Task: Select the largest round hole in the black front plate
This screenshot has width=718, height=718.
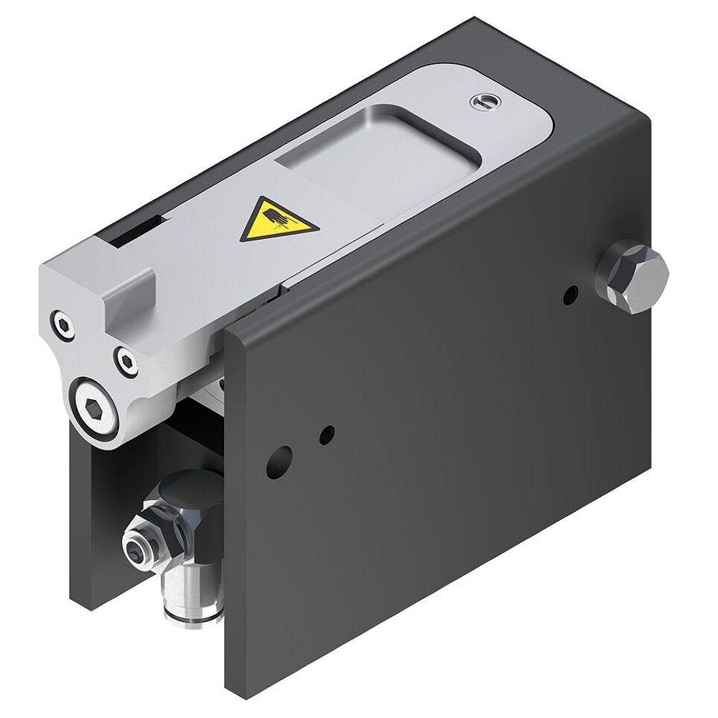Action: pos(279,462)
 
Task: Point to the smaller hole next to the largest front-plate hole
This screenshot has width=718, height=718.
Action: pos(327,433)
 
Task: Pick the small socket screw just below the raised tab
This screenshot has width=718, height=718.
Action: pos(127,360)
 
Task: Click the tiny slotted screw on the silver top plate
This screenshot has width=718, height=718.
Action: pos(480,103)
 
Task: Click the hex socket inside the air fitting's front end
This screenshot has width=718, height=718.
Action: pos(136,552)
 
